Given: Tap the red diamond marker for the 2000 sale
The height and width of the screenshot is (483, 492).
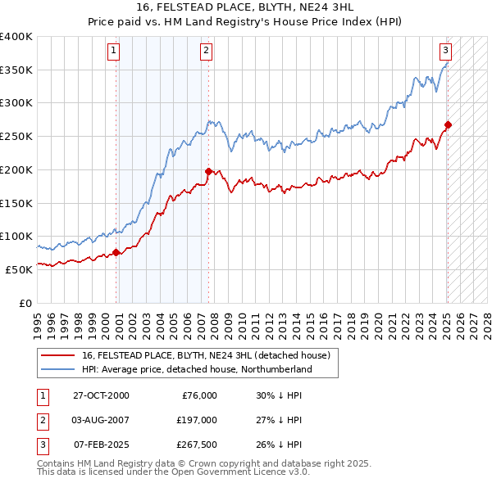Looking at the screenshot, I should (116, 252).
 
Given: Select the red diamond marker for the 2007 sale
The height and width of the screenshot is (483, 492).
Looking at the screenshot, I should (208, 171).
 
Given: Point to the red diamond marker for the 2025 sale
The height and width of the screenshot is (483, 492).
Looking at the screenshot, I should (448, 124).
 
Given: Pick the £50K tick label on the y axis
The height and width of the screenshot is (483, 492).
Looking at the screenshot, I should (20, 269).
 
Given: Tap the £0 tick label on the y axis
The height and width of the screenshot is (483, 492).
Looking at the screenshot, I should (25, 302).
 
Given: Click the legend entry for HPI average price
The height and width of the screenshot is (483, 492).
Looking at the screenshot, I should (197, 369).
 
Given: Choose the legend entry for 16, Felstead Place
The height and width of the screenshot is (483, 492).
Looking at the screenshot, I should (205, 355).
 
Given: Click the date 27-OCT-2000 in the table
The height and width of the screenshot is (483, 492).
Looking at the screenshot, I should (102, 395).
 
